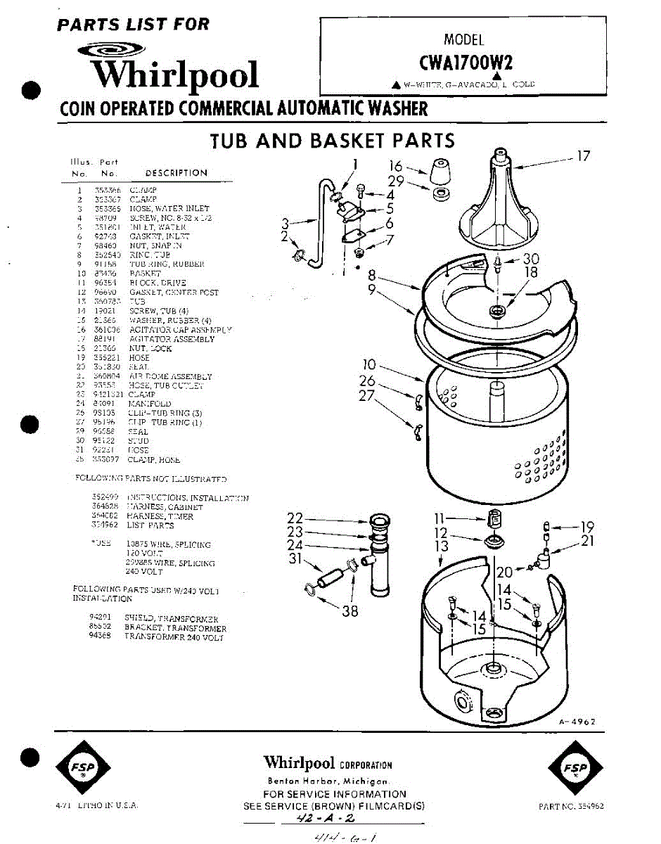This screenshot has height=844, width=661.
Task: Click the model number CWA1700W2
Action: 465,63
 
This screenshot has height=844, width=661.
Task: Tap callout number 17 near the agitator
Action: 584,156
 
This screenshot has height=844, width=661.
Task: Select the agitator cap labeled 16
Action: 440,172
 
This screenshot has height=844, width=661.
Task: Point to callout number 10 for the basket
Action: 371,365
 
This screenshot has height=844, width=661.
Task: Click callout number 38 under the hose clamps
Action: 349,611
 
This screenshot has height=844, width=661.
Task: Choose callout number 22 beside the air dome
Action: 295,519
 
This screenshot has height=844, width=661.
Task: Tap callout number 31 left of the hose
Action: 295,559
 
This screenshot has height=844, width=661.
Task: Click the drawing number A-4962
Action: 578,722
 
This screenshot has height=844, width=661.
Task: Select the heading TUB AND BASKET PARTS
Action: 333,141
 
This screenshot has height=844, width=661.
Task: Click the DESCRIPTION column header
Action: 176,173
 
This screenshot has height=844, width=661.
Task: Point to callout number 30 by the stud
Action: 531,259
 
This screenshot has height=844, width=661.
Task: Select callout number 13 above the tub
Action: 441,546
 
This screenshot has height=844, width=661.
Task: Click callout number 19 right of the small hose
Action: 587,526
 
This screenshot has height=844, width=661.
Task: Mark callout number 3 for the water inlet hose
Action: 285,224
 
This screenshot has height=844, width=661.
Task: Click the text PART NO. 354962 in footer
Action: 571,807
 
